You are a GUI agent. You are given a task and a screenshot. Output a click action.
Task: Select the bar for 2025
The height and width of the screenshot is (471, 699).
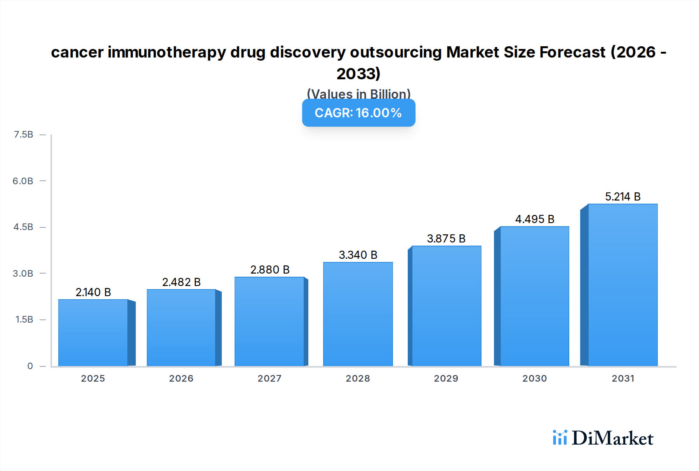click(93, 333)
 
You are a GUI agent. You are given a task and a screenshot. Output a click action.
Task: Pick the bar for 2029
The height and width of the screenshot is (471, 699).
click(446, 306)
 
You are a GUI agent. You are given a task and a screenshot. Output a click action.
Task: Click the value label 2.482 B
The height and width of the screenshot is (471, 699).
click(181, 282)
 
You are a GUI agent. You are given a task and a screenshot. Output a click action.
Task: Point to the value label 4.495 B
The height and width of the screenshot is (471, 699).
click(535, 219)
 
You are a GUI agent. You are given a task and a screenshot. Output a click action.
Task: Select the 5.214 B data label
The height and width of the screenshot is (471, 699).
click(622, 197)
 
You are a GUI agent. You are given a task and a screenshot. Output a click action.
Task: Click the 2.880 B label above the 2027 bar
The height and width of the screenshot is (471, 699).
click(270, 270)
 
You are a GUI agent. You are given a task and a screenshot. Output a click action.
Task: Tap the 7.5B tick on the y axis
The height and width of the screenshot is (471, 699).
click(24, 134)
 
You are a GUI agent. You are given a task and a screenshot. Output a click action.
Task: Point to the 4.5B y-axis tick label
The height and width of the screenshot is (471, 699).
click(24, 227)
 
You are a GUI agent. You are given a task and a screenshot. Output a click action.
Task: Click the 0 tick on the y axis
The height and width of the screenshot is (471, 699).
click(30, 366)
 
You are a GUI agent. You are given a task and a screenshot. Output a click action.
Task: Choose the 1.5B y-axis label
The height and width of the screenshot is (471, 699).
click(24, 319)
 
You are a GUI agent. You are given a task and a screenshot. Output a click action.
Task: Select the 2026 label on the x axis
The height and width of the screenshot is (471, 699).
click(181, 379)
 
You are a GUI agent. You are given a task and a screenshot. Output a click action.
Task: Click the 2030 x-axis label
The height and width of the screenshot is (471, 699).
click(534, 379)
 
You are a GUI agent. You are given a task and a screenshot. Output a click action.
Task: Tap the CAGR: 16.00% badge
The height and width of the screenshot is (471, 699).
click(358, 113)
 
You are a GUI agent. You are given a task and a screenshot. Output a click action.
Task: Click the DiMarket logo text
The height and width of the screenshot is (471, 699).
click(612, 438)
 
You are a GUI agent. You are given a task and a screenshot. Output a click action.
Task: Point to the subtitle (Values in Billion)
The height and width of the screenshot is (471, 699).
click(358, 94)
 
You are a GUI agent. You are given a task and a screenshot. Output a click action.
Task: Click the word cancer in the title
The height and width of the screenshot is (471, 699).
click(77, 52)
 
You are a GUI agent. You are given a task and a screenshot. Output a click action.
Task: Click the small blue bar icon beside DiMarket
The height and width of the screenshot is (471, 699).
click(560, 438)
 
